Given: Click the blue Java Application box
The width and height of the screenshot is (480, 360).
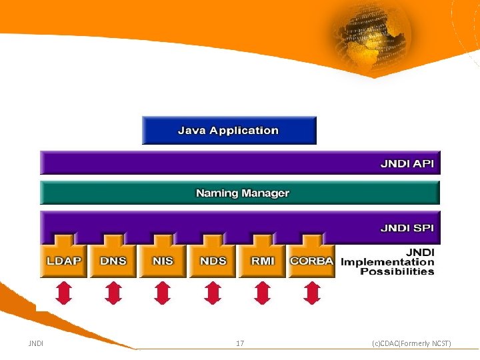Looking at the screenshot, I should [229, 131].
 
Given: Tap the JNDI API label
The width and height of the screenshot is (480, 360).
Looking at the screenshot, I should [407, 163].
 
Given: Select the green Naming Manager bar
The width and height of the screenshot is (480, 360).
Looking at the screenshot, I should [242, 193].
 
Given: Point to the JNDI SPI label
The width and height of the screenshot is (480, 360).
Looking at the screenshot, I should [407, 228].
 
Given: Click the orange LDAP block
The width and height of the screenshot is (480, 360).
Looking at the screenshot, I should [63, 261].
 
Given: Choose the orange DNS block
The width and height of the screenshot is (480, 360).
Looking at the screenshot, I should [113, 261].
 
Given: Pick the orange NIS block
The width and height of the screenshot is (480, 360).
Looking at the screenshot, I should [163, 261].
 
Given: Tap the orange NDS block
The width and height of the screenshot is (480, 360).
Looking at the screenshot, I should [213, 261].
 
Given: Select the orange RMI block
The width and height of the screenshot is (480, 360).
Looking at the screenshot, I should [263, 261].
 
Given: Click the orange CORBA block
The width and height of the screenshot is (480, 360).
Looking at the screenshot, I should [311, 261].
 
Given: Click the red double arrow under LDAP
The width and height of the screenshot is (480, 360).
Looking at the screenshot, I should [63, 292].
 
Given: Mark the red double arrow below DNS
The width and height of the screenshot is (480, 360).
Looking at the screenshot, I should [113, 292].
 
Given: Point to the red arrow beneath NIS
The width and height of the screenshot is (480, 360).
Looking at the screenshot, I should [163, 292].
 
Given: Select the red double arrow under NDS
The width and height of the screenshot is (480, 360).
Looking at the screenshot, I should [213, 292].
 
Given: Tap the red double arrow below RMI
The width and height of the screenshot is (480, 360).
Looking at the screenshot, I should [263, 292].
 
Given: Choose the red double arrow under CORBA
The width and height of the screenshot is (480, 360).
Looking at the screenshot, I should [312, 292].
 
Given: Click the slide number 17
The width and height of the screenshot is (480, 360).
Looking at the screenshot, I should [240, 343].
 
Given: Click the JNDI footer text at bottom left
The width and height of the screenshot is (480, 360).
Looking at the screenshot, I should [36, 343].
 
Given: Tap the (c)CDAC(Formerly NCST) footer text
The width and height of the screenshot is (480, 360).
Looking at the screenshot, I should [411, 343].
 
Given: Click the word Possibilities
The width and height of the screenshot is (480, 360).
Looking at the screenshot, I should [397, 271].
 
